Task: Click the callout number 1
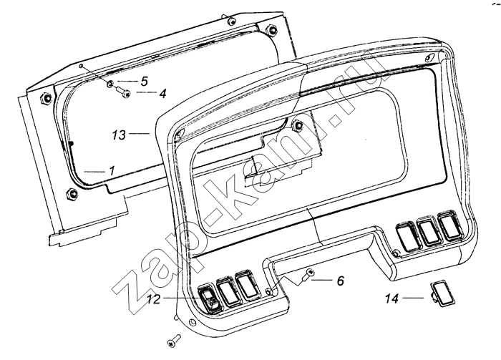112,171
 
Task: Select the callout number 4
162,93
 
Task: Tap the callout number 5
145,81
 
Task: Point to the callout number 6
341,281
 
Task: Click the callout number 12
153,299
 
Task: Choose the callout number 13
119,135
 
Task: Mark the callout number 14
391,298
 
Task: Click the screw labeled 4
123,92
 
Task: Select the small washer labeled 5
110,84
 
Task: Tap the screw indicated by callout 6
307,276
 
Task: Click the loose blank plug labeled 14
442,295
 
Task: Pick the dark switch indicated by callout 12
209,298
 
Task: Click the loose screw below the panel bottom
174,341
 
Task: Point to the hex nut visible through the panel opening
298,125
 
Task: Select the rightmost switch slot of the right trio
450,225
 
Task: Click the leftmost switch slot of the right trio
407,235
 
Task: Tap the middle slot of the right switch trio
428,230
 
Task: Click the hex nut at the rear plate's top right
271,29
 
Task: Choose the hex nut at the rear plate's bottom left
72,193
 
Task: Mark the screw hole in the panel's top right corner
429,58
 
